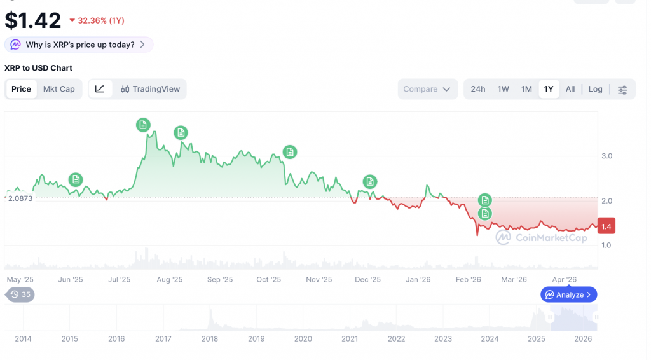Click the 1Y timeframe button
[549, 89]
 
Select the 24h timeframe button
[478, 89]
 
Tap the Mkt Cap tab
[58, 89]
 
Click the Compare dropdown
[427, 89]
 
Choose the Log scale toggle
[595, 89]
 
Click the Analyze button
[568, 294]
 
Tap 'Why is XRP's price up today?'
[79, 45]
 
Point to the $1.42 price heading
[33, 20]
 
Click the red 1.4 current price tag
[606, 226]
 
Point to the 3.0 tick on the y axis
[606, 156]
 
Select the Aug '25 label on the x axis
[169, 279]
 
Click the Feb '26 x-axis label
[468, 279]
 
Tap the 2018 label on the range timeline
[210, 339]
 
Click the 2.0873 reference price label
[19, 198]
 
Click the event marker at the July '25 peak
[144, 125]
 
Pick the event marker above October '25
[289, 152]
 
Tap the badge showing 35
[20, 294]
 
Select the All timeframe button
[570, 89]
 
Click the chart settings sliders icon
[622, 90]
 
